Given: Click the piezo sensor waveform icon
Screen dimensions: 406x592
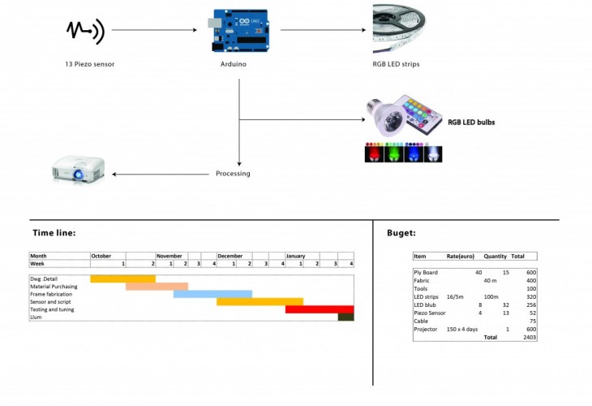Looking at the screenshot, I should click(x=84, y=31).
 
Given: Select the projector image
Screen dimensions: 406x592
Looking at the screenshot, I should click(x=79, y=169).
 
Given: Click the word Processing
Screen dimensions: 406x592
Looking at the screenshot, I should click(x=233, y=174).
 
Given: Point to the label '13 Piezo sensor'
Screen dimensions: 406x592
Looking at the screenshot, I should click(x=90, y=64).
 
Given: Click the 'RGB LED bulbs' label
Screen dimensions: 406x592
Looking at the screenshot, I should click(x=471, y=123).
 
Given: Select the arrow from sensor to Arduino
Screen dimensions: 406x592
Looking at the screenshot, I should click(x=154, y=31).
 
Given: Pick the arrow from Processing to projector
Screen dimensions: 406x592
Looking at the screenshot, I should click(x=162, y=174).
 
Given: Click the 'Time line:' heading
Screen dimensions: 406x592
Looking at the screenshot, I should click(x=54, y=233).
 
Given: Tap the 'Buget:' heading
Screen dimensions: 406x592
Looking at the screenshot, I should click(x=401, y=233).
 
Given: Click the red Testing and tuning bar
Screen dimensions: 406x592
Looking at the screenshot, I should click(x=320, y=309).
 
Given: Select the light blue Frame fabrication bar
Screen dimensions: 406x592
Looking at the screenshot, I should click(x=212, y=294).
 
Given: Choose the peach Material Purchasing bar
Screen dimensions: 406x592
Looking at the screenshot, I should click(x=157, y=287).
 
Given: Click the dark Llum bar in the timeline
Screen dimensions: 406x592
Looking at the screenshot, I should click(x=346, y=317).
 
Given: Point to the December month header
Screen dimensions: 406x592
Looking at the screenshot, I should click(x=230, y=256).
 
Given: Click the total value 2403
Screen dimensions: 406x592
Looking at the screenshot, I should click(x=530, y=336).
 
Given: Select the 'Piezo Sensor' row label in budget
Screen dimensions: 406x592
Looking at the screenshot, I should click(x=429, y=313).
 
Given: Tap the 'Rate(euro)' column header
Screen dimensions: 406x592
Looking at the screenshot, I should click(x=461, y=257).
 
